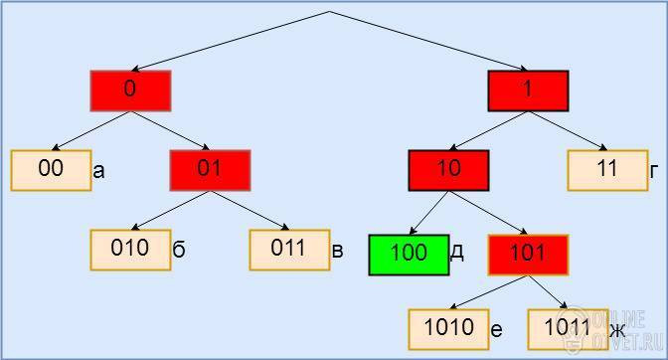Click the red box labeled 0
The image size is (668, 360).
point(130,90)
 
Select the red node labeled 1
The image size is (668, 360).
point(528,90)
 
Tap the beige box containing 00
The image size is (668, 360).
point(51,170)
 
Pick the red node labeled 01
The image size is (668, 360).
point(210,170)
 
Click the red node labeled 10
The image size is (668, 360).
point(448,170)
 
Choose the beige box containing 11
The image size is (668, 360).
point(608,170)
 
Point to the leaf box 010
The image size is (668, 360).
point(130,250)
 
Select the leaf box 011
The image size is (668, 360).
point(289,250)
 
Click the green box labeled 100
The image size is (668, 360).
point(409,255)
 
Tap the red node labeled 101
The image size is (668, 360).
point(528,255)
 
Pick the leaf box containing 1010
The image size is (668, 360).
point(448,329)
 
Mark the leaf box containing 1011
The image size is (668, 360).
point(568,329)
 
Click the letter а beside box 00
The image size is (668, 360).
point(98,172)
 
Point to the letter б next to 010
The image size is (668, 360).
point(179,249)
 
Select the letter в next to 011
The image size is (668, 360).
point(337,251)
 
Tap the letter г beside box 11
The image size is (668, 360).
point(654,172)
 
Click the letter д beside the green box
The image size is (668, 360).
point(456,253)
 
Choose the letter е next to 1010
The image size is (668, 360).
point(496,330)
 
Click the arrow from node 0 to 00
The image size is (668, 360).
point(90,131)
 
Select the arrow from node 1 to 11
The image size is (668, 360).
point(568,131)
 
